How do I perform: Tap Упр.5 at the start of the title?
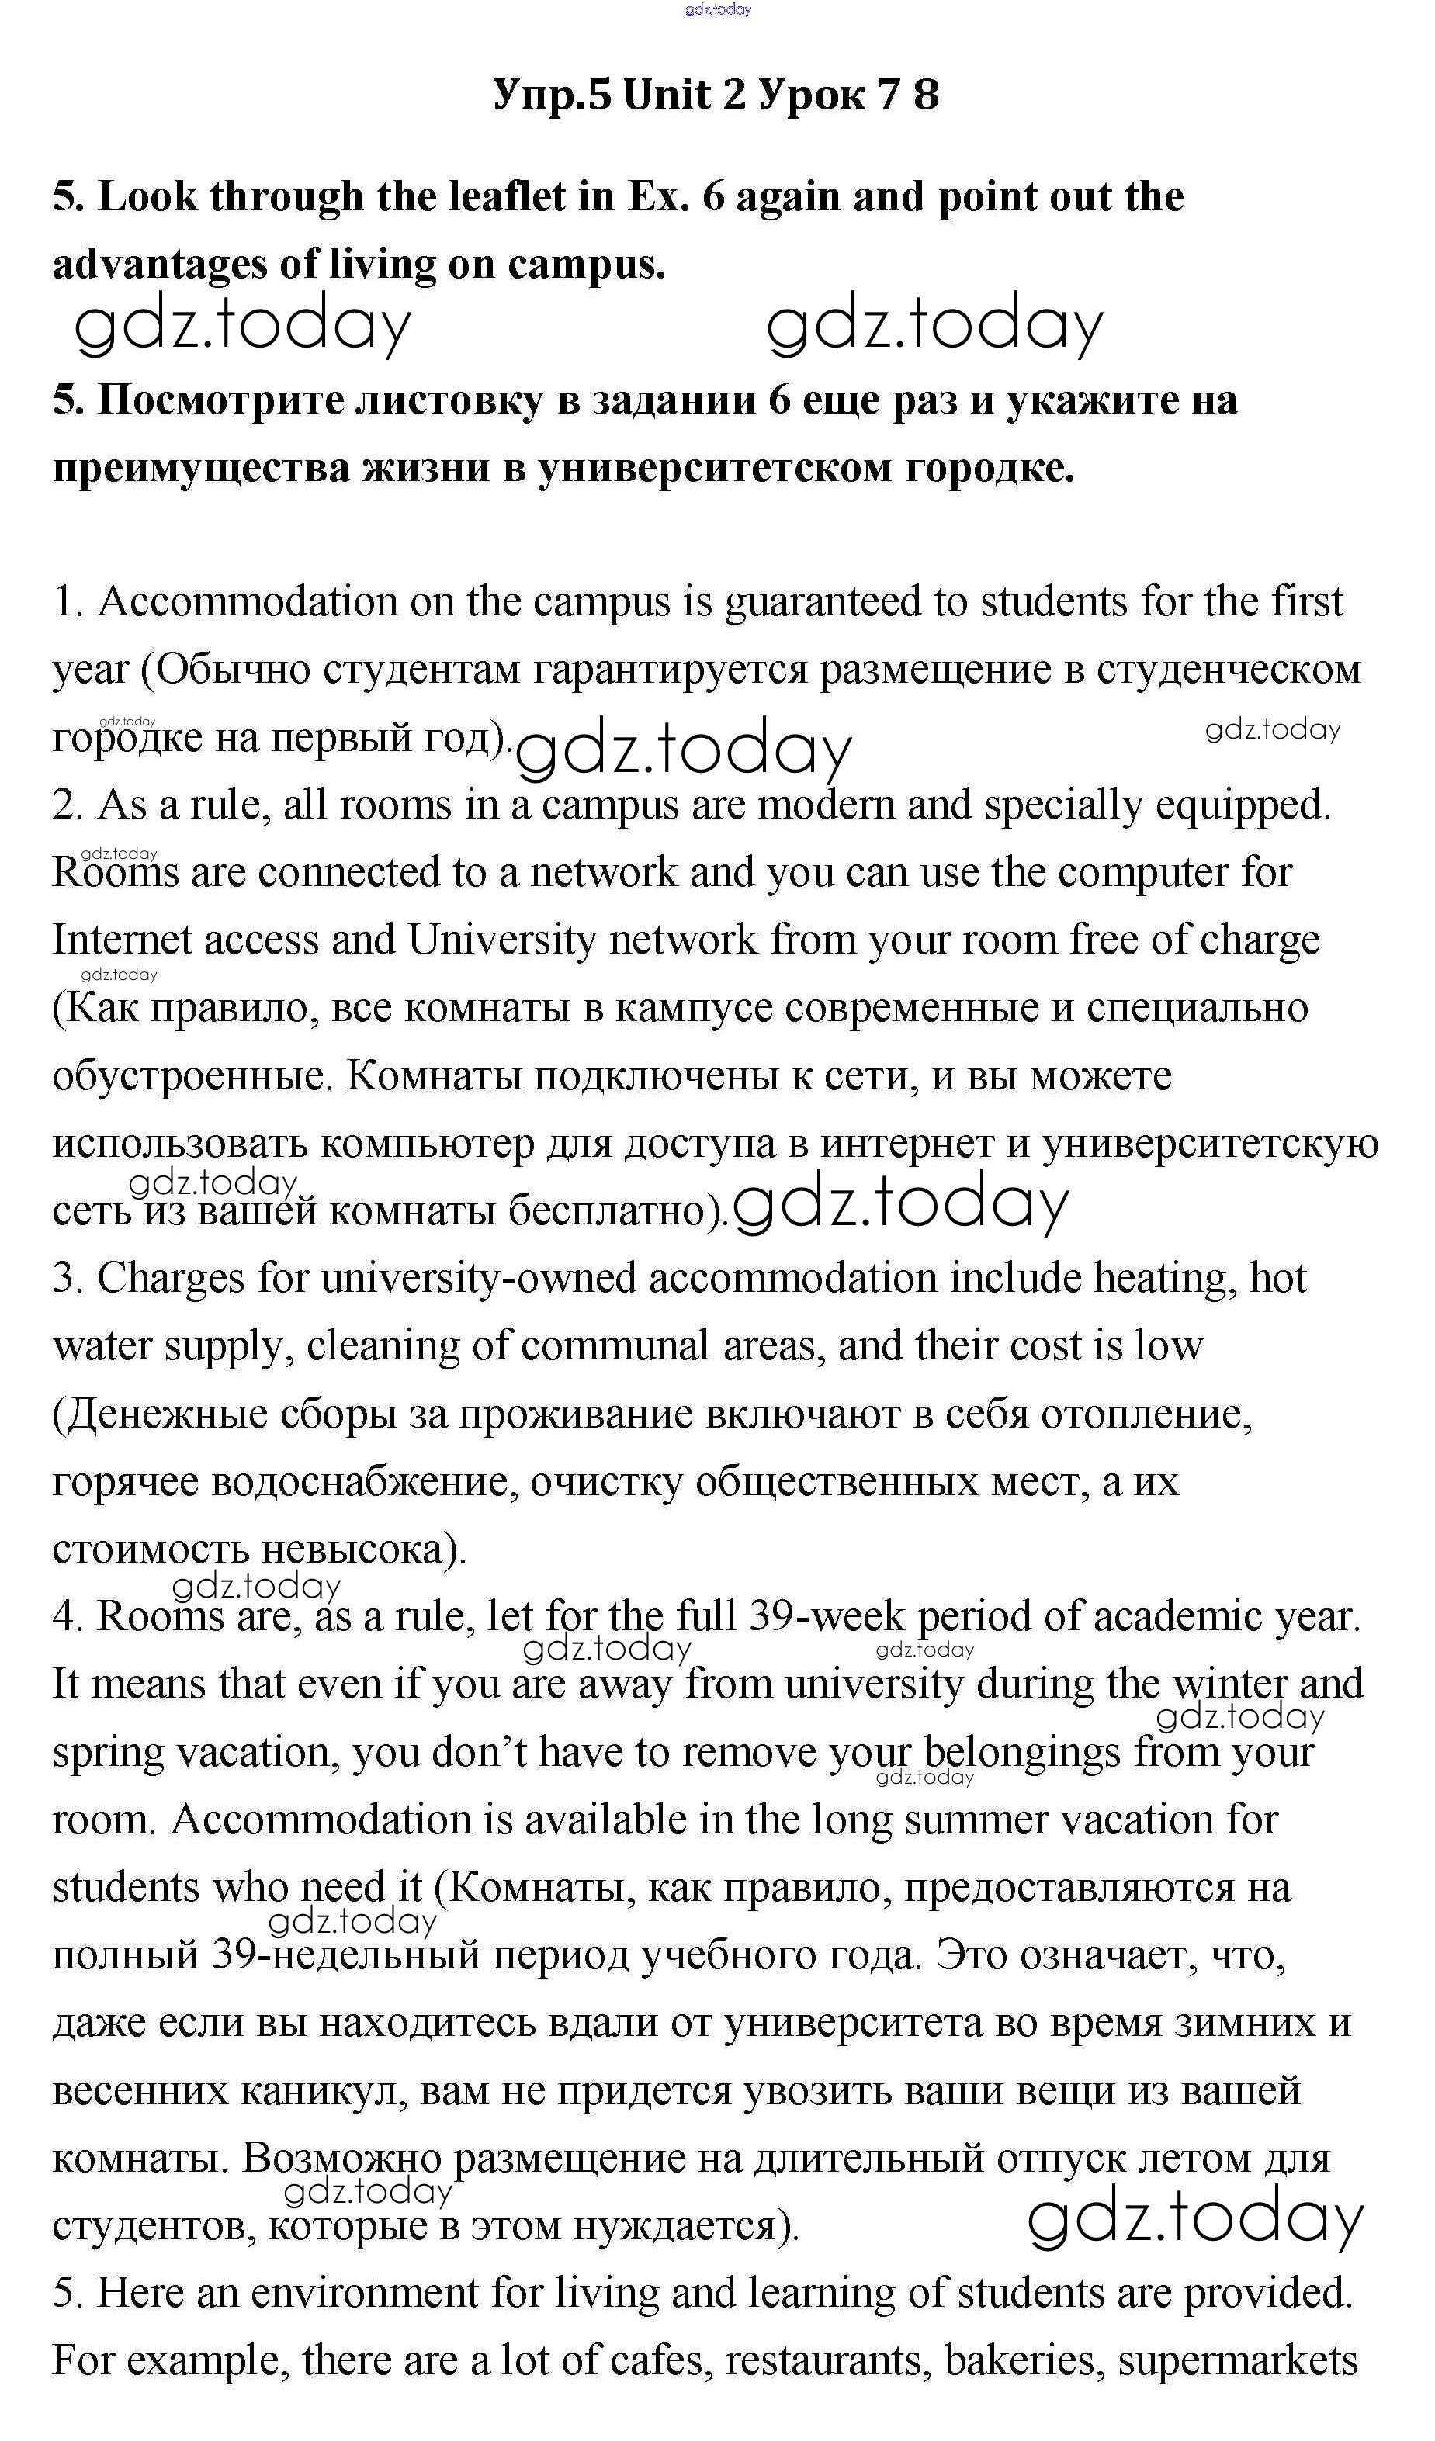pyautogui.click(x=553, y=95)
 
